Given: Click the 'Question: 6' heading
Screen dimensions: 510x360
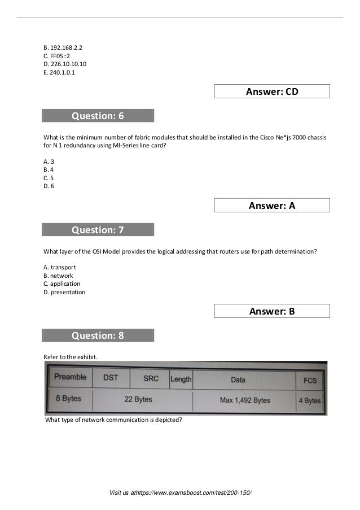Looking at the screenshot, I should coord(98,116).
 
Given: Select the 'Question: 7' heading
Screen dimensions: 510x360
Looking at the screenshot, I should coord(98,230).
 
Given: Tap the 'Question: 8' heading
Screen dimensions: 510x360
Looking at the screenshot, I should coord(98,335).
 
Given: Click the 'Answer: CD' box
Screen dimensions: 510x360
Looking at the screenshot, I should coord(272,91).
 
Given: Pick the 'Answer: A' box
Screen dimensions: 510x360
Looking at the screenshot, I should coord(272,206).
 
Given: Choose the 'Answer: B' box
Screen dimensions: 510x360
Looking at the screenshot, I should coord(272,311).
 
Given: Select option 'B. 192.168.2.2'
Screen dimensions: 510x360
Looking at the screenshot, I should coord(62,47).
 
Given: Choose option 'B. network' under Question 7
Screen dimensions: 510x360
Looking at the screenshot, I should coord(58,276).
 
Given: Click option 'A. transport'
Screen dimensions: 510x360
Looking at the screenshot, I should coord(60,267).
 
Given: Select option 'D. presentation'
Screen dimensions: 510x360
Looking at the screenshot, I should coord(64,292).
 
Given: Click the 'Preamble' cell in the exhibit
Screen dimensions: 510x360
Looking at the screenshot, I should coord(71,377).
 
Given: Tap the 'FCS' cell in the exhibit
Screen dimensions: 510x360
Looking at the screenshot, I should coord(310,380).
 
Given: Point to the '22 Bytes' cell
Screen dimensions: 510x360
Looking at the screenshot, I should coord(138,399).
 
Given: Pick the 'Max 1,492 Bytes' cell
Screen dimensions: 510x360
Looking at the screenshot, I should coord(244,400).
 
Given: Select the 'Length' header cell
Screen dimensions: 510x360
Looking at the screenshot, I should coord(181,379).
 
